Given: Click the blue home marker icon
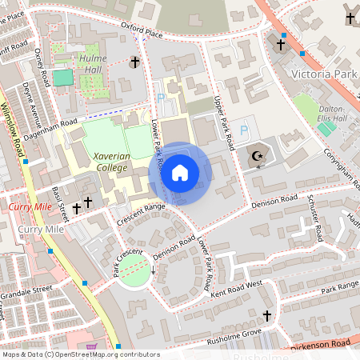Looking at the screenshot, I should click(x=181, y=172).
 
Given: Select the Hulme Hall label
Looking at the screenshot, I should click(x=93, y=65).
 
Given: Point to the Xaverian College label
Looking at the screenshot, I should click(x=110, y=162).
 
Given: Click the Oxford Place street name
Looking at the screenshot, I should click(x=142, y=30).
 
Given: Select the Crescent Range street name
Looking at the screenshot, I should click(x=140, y=213).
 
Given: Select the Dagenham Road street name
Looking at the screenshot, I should click(x=53, y=122).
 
